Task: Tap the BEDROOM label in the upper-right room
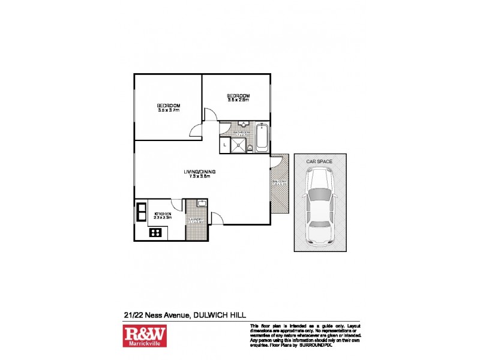tap(238, 96)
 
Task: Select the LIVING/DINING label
tap(200, 173)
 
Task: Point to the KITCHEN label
tap(163, 214)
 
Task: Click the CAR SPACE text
tap(320, 161)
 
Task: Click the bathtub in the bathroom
tap(263, 139)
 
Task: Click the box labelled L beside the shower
tap(224, 145)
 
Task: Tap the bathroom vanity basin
tap(242, 125)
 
